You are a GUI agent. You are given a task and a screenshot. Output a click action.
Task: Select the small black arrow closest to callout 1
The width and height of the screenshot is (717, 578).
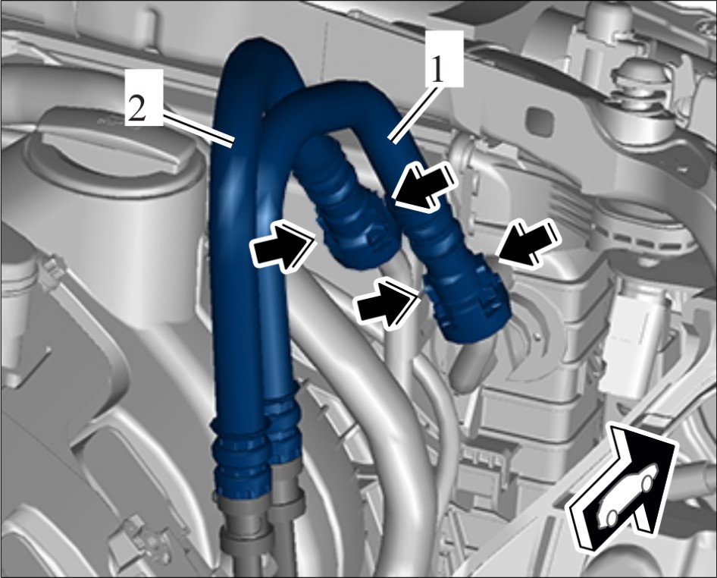(x=424, y=187)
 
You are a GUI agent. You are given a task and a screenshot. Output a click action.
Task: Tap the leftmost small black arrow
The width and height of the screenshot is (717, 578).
(x=283, y=246)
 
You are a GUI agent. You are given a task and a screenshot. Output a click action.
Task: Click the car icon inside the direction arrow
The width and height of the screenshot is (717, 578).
(x=627, y=495)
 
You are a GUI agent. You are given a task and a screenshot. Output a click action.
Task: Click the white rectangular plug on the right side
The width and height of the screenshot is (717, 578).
(x=631, y=341)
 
